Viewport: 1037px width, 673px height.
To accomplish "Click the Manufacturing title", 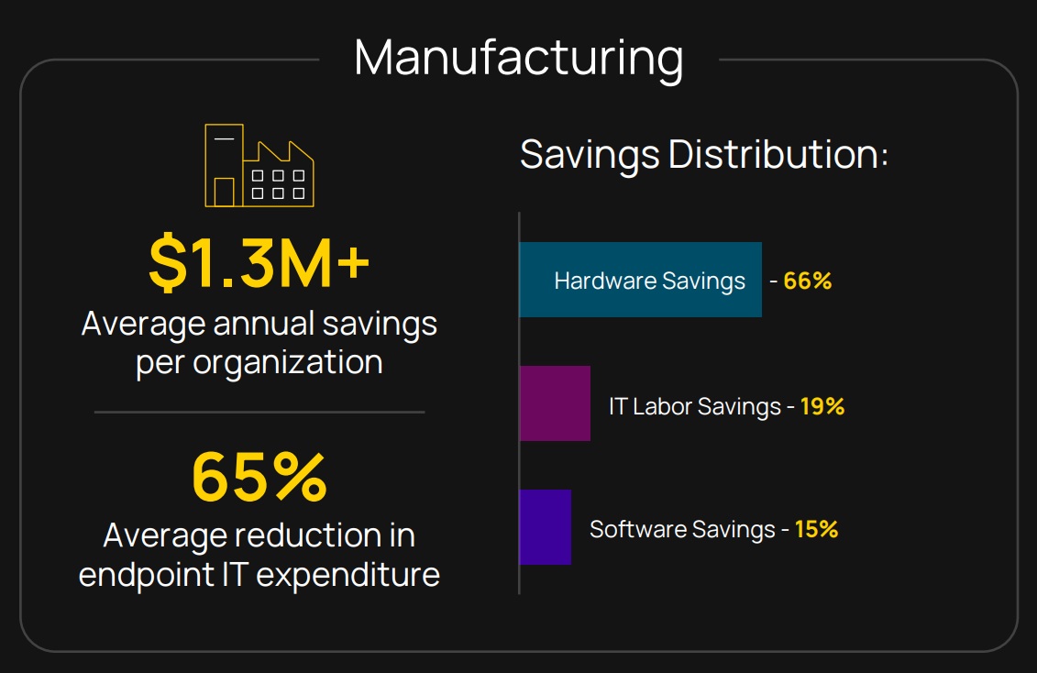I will (518, 57).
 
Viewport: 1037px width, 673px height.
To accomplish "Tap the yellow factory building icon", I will (259, 165).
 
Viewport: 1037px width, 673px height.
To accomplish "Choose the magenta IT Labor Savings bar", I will (555, 403).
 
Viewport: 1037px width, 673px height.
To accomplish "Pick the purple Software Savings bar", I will (545, 527).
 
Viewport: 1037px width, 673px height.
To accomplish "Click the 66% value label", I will (807, 281).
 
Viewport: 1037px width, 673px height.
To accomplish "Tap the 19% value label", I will (822, 405).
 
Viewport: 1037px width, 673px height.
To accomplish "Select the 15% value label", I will (816, 529).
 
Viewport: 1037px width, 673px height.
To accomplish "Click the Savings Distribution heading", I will (704, 154).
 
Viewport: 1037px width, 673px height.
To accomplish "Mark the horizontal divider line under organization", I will (259, 412).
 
